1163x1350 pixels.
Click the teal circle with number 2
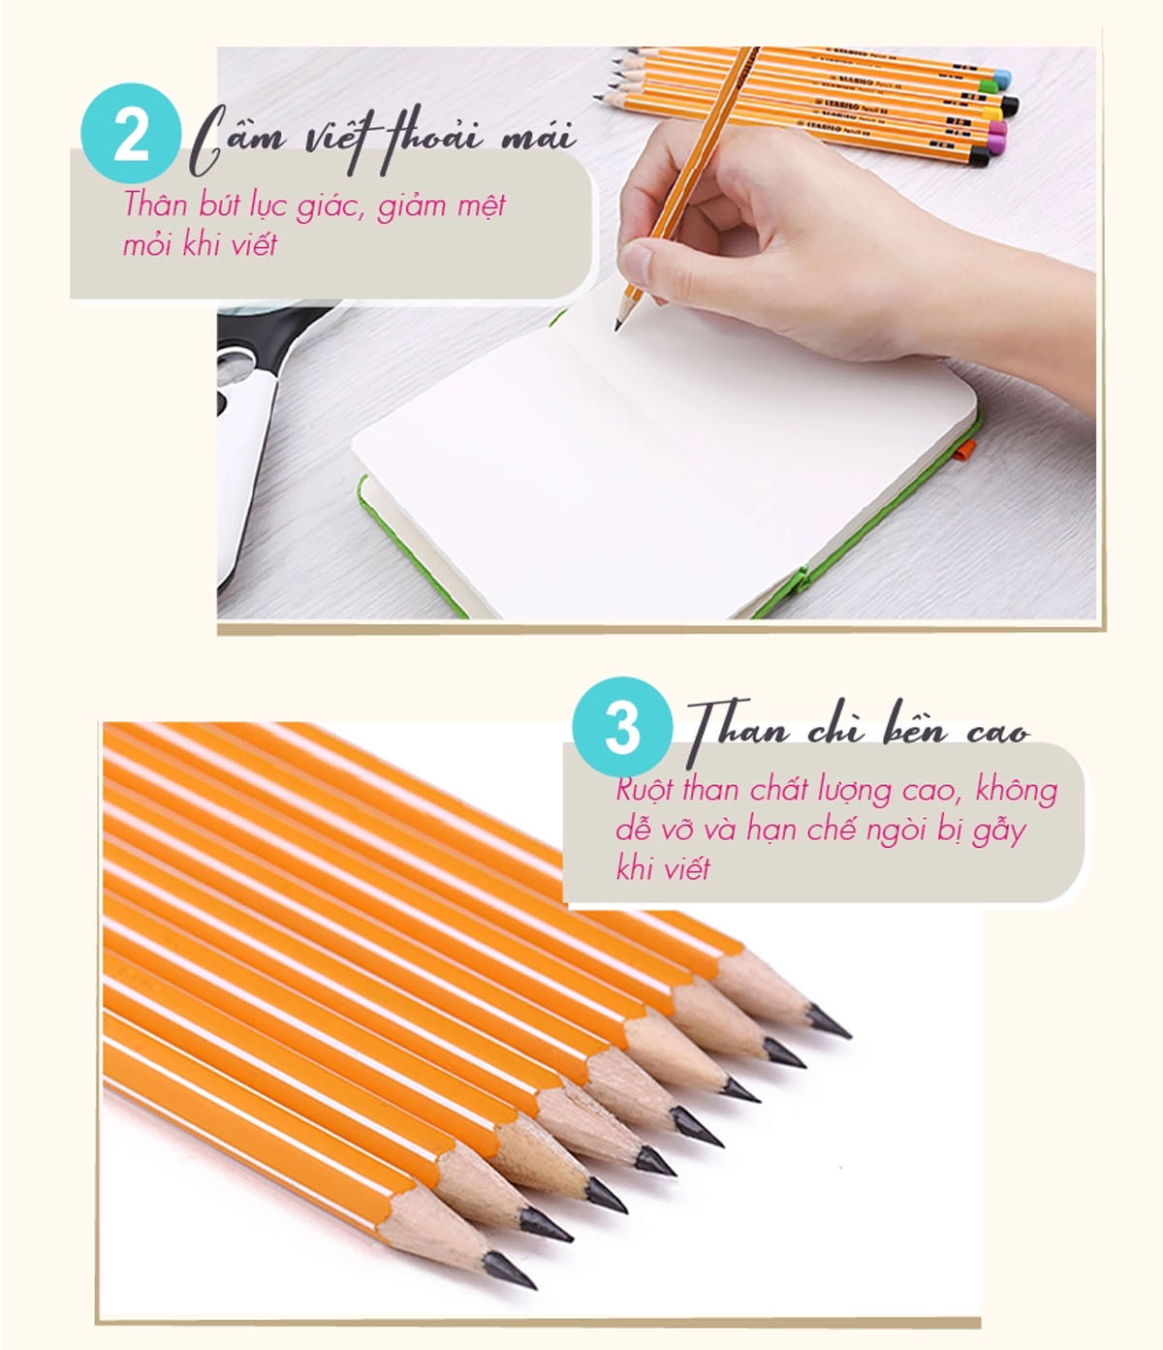131,133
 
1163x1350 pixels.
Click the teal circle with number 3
621,726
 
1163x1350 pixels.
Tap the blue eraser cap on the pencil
1002,78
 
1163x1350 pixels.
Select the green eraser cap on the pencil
989,85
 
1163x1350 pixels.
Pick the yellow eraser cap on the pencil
991,112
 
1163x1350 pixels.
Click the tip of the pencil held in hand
616,329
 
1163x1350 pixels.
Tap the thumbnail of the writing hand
635,261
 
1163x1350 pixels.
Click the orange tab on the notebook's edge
963,449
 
